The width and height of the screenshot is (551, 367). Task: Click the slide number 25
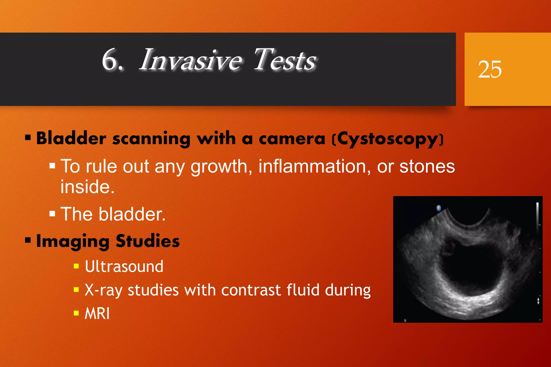click(490, 69)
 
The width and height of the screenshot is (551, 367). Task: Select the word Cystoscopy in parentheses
click(388, 139)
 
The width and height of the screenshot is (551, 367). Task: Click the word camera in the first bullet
click(292, 139)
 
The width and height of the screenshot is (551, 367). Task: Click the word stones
click(427, 166)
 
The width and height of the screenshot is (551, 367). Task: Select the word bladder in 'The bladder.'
click(132, 214)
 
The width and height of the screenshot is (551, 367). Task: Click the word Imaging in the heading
click(73, 241)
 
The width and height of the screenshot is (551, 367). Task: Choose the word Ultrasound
click(124, 267)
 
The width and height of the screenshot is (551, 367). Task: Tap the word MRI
click(97, 314)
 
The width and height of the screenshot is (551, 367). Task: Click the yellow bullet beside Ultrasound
click(76, 266)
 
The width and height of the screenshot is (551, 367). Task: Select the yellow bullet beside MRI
click(76, 313)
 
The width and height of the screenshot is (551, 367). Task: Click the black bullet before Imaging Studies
click(28, 240)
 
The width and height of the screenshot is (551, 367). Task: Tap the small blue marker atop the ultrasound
click(439, 208)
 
